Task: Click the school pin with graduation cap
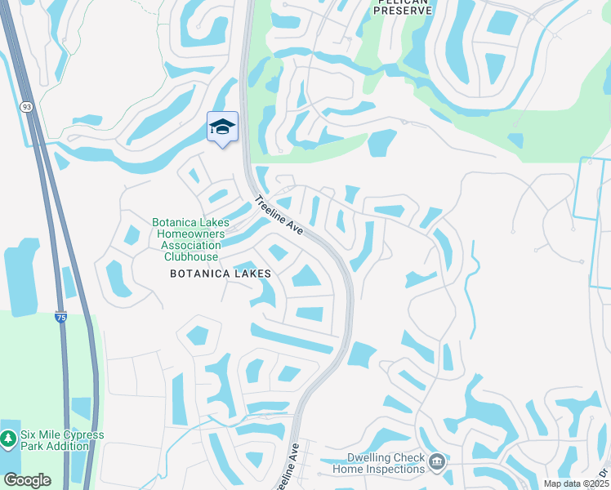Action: coord(222,128)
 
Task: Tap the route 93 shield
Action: coord(27,106)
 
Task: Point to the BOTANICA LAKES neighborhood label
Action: coord(220,274)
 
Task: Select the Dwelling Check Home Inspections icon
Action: coord(436,463)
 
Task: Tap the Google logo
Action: coord(27,479)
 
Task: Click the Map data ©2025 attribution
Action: coord(575,483)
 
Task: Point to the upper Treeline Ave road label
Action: coord(279,216)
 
